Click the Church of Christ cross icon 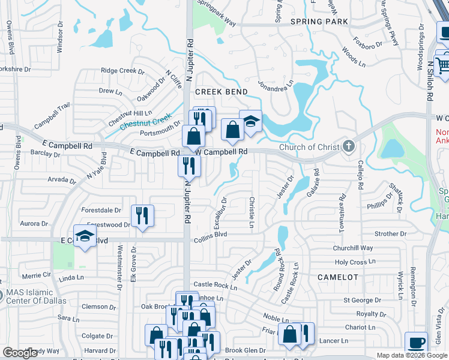pos(348,146)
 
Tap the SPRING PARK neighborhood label pos(319,22)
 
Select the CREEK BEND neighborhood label pos(221,91)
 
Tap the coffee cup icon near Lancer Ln pos(416,343)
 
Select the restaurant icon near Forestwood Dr pos(142,216)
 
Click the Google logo pos(20,353)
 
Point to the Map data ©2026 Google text pos(411,355)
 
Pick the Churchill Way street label pos(353,248)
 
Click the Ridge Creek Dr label pos(122,71)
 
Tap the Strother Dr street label pos(390,234)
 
